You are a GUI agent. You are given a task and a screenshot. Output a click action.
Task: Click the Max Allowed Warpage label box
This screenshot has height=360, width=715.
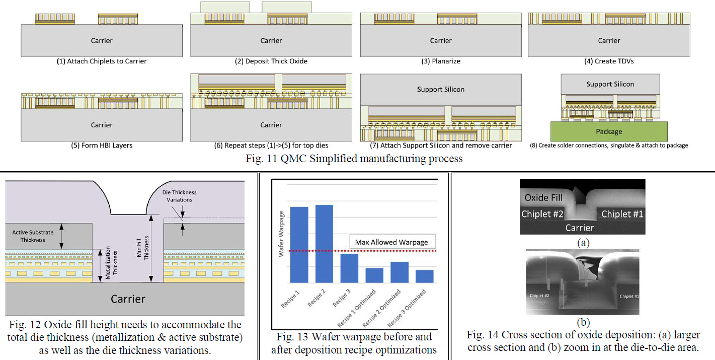[391, 242]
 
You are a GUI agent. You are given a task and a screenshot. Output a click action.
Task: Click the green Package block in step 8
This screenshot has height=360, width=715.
[609, 131]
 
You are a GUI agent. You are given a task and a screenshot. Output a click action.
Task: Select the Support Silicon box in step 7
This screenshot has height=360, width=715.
[441, 89]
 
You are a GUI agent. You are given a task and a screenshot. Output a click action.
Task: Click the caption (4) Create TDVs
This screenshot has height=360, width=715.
[609, 61]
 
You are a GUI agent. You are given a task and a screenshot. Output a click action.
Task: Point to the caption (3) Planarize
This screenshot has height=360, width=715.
[441, 61]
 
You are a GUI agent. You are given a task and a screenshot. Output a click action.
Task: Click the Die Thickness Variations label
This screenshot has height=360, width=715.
[179, 196]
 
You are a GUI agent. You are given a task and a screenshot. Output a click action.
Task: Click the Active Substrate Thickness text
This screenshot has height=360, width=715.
[33, 236]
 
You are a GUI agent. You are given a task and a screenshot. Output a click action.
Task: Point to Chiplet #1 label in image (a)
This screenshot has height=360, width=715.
[622, 214]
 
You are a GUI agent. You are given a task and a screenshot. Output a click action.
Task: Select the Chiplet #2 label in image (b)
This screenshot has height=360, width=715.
[539, 296]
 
